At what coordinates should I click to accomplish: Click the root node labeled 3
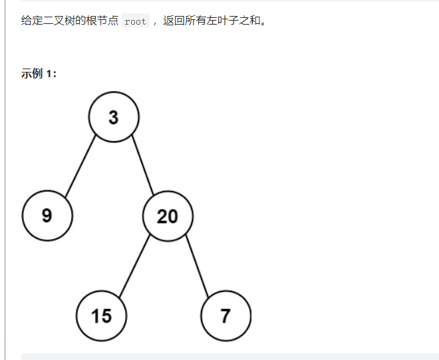[x=114, y=117]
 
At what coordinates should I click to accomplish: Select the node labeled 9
[x=47, y=216]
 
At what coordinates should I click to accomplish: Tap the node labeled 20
[x=168, y=216]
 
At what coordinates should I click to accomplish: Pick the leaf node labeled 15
[x=101, y=315]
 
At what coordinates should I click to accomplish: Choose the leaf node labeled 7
[x=225, y=315]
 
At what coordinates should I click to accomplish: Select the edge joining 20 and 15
[x=134, y=265]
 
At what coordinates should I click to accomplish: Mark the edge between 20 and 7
[x=197, y=265]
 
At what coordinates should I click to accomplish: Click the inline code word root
[x=135, y=21]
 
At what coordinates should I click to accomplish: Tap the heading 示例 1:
[x=39, y=73]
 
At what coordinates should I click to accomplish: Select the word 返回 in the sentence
[x=173, y=21]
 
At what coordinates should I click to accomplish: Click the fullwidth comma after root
[x=154, y=22]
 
